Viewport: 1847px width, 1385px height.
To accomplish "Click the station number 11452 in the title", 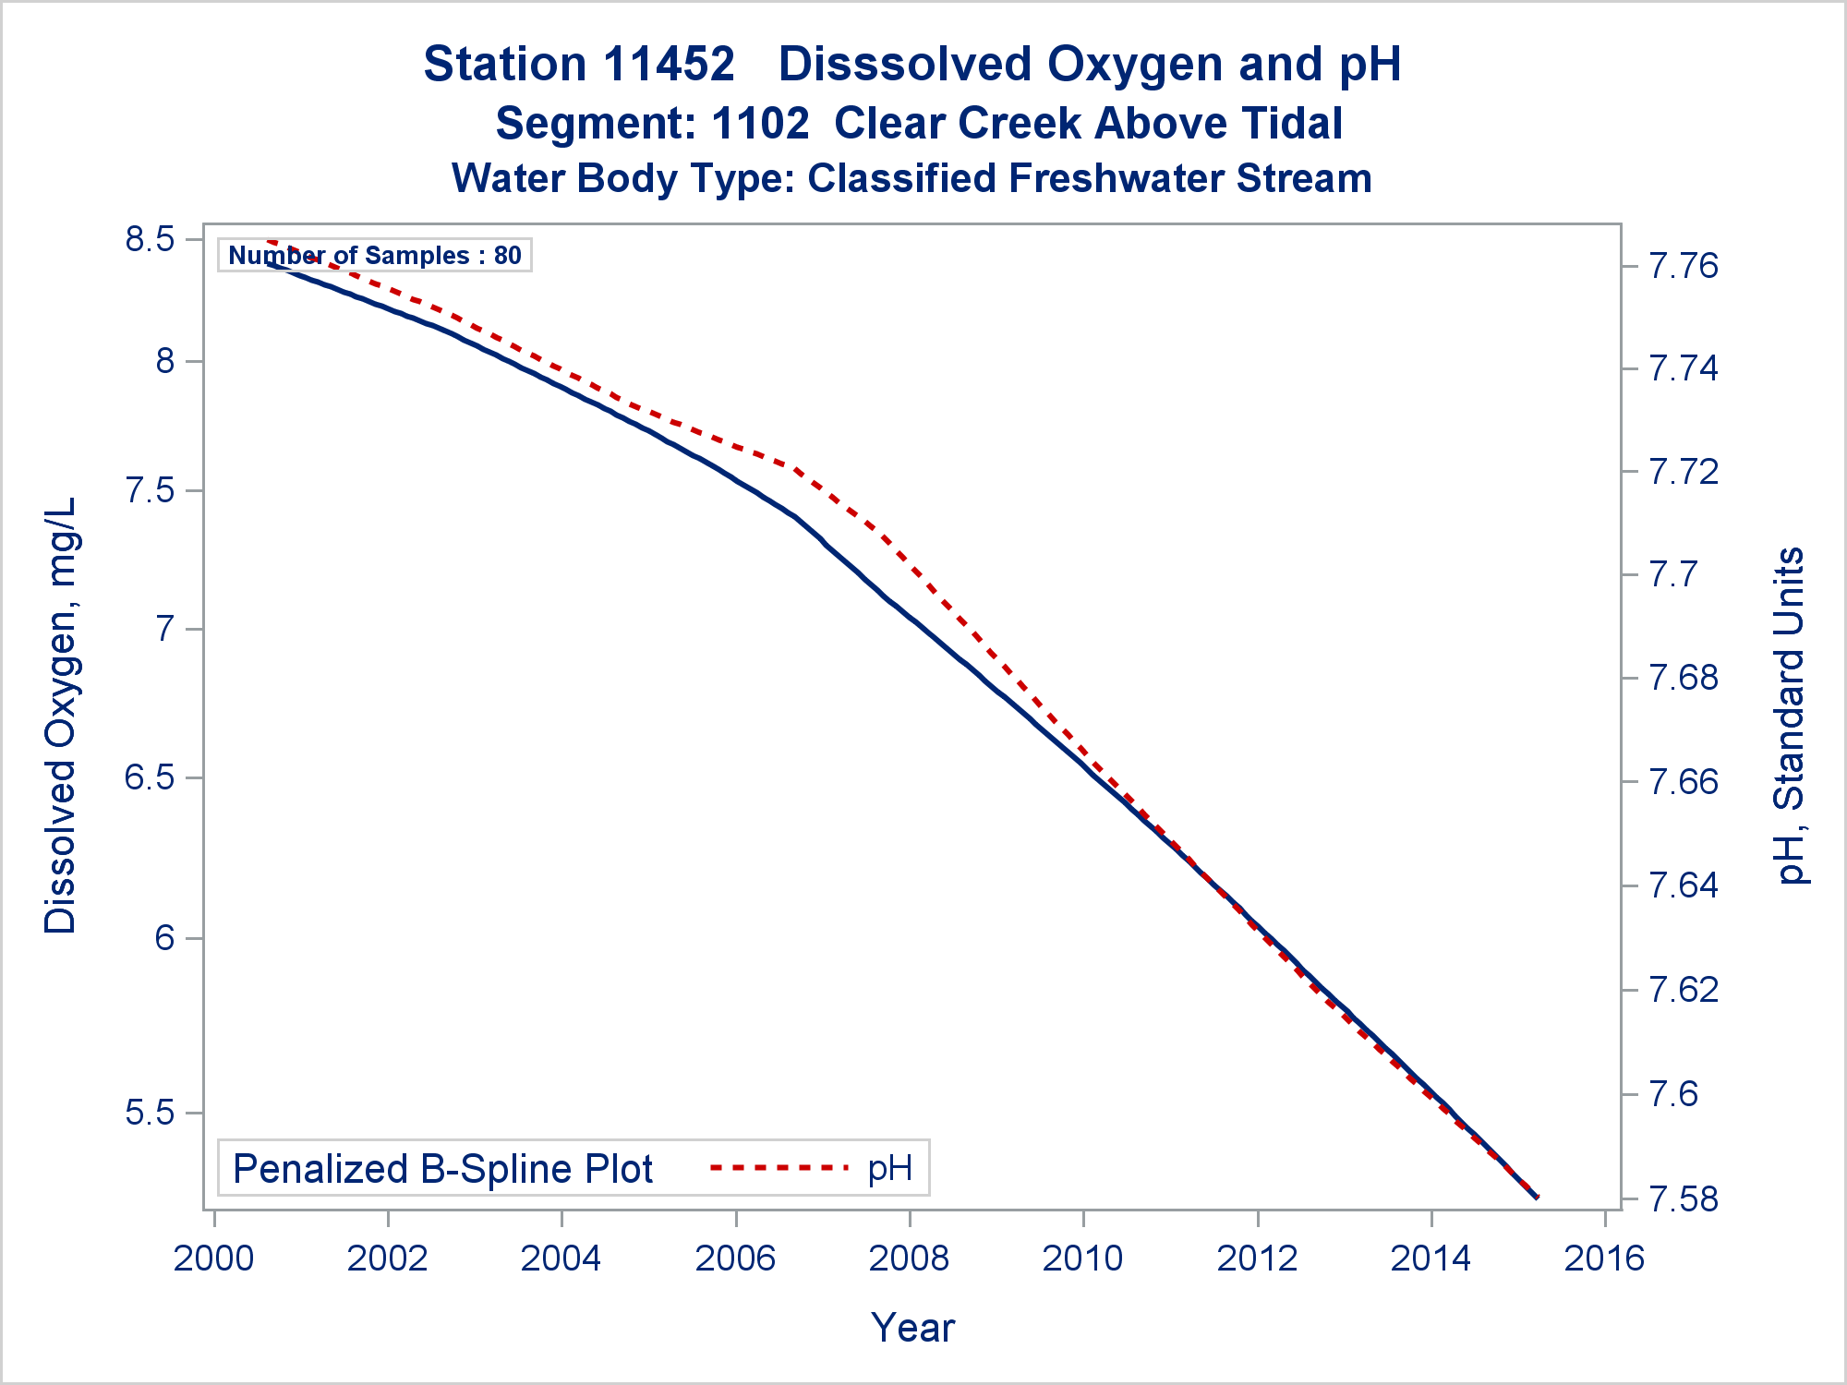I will click(x=670, y=65).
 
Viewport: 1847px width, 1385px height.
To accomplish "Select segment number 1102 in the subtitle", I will click(x=761, y=124).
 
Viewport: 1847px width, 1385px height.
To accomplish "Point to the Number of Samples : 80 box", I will click(x=375, y=255).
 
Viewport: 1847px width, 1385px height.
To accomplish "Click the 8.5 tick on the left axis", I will click(x=150, y=239).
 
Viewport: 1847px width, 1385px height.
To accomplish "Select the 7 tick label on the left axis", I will click(x=164, y=630).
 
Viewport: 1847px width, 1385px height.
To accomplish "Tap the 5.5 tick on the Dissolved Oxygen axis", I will click(x=150, y=1113).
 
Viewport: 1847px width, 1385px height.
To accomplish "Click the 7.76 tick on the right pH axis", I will click(x=1684, y=267).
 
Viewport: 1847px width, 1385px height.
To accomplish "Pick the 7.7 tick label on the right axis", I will click(x=1672, y=575).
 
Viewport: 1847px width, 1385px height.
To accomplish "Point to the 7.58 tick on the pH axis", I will click(x=1684, y=1199).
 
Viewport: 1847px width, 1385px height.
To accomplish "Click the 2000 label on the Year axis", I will click(x=214, y=1259).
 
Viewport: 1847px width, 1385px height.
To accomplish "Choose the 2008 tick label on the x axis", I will click(x=910, y=1259).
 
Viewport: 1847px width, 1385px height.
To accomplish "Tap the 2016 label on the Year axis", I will click(x=1604, y=1259).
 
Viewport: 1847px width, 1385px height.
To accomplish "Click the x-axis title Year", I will click(x=912, y=1328).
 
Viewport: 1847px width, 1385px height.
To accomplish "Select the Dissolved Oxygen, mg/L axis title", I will click(x=61, y=716).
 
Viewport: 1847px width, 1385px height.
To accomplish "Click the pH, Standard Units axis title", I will click(x=1790, y=716).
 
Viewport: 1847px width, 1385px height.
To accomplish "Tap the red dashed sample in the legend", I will click(x=779, y=1168).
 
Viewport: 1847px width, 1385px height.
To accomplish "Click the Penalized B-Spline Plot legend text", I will click(x=442, y=1169).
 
